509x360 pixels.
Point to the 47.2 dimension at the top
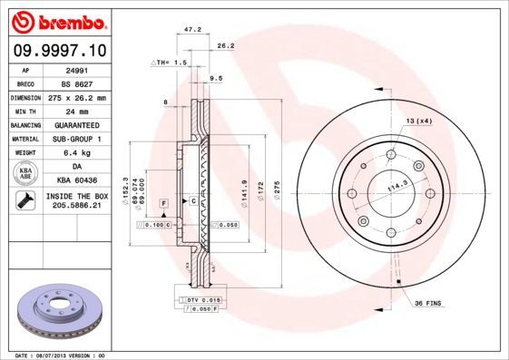pyautogui.click(x=192, y=29)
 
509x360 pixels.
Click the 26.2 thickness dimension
pyautogui.click(x=226, y=45)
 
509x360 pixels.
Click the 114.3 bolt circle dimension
pyautogui.click(x=396, y=189)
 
